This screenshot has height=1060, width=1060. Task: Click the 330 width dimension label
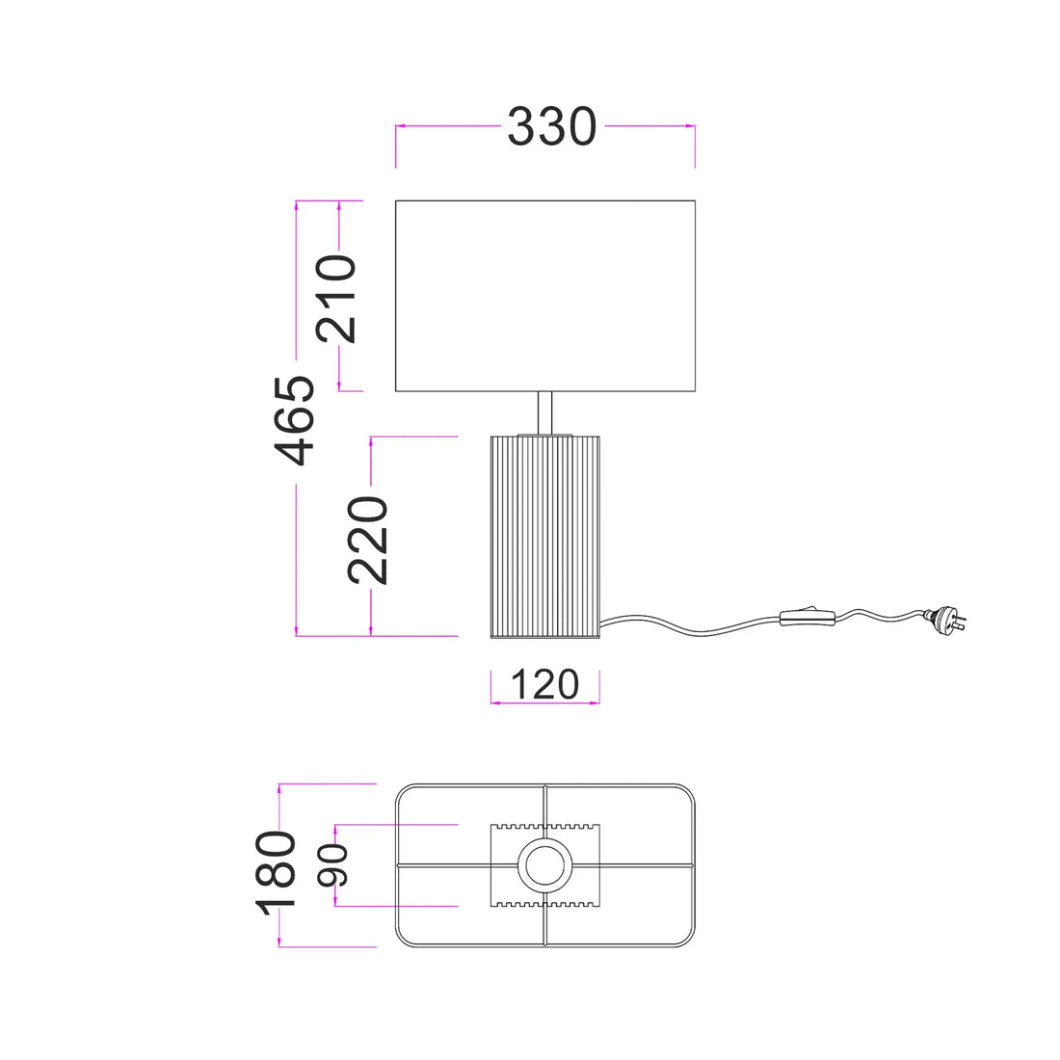tap(551, 126)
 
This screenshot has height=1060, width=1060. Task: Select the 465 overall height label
tap(294, 420)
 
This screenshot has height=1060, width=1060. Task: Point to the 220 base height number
tap(368, 540)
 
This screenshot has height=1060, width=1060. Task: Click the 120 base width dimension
tap(544, 684)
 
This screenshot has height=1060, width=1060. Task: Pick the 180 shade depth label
tap(276, 873)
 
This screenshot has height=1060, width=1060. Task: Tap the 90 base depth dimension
tap(332, 865)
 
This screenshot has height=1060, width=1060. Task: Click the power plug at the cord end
tap(946, 618)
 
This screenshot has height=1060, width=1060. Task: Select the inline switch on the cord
tap(808, 617)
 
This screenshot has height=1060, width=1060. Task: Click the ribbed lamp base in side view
tap(544, 537)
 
